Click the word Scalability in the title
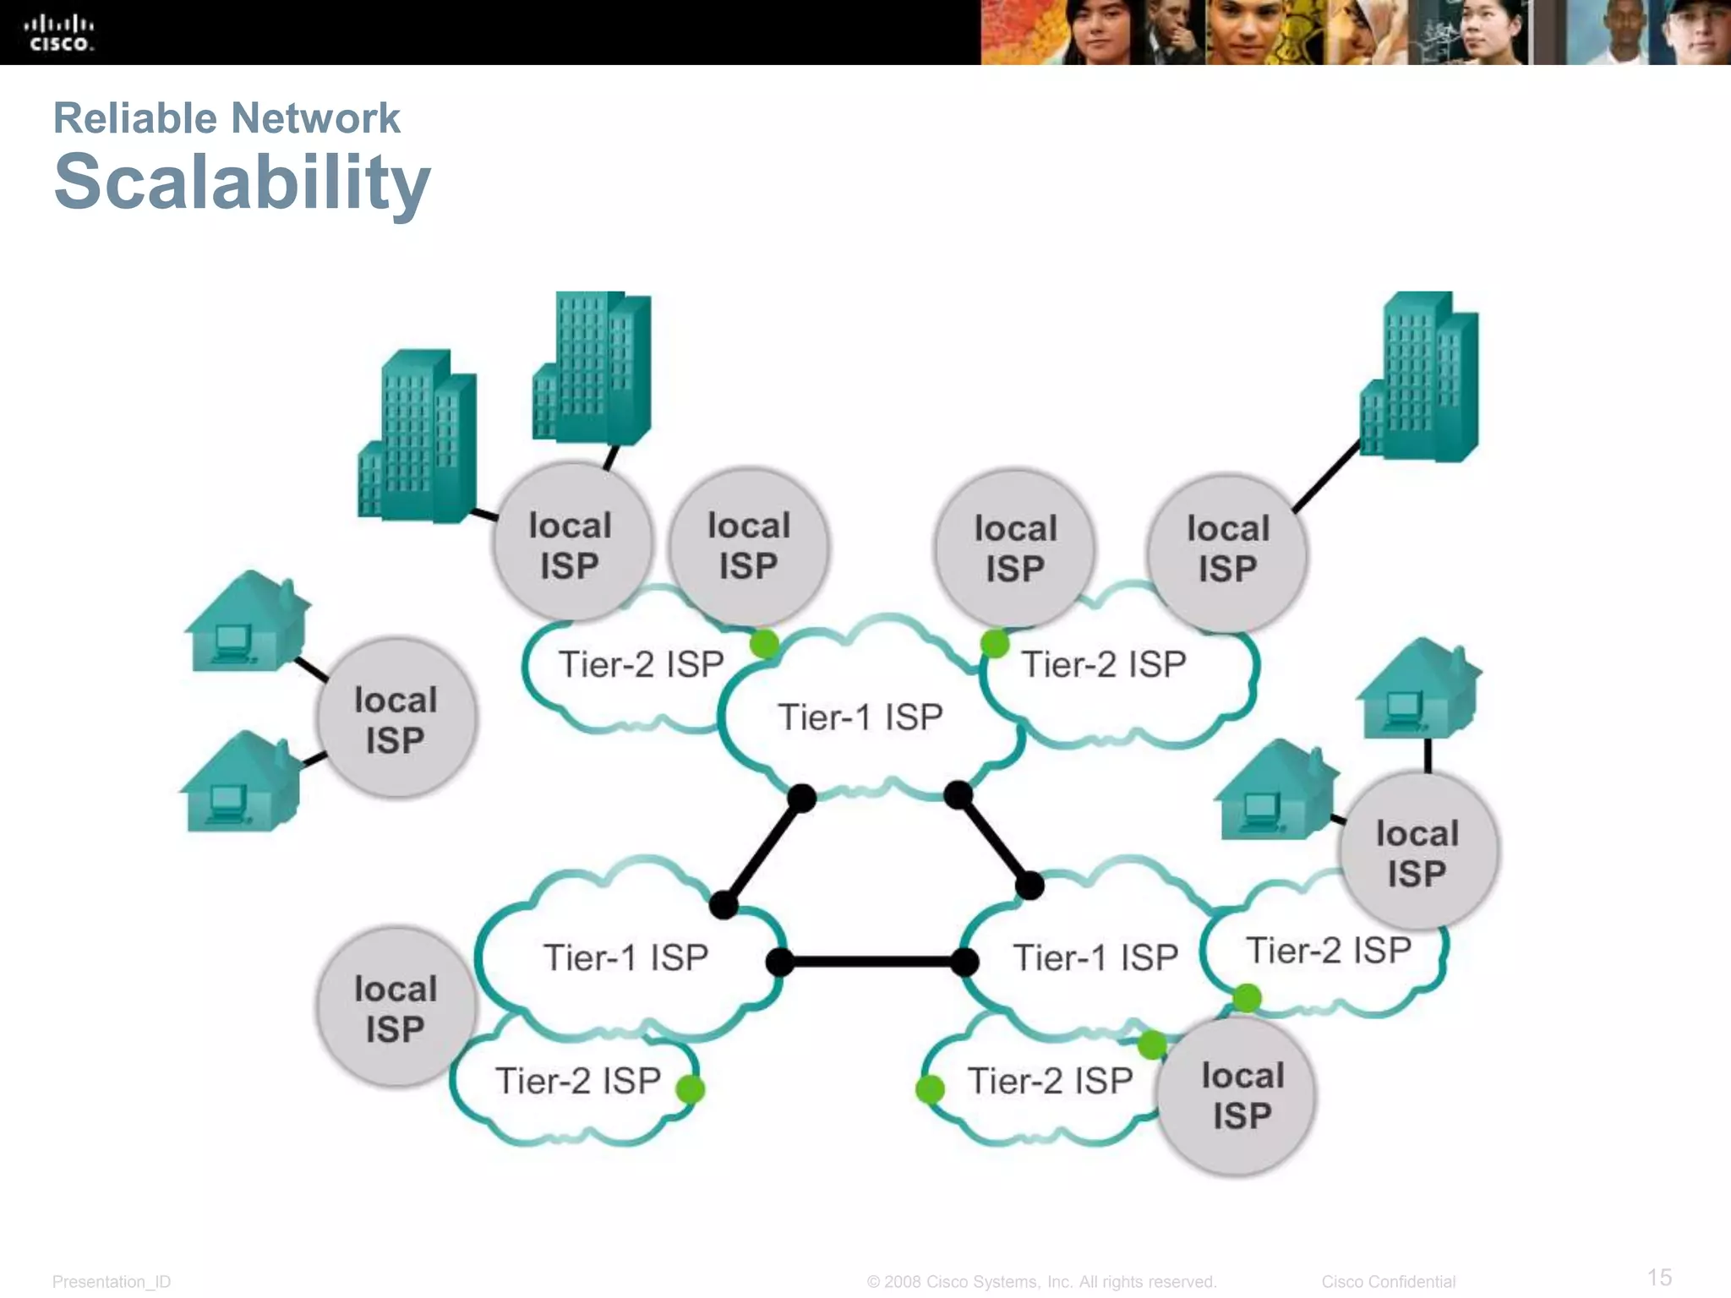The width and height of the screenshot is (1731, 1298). tap(243, 183)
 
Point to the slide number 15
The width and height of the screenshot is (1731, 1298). tap(1659, 1277)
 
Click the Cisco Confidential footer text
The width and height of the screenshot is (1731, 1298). tap(1388, 1282)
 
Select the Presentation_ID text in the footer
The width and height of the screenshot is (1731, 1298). tap(112, 1282)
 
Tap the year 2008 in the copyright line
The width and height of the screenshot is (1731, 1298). tap(903, 1282)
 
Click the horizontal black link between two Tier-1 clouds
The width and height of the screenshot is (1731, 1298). tap(871, 962)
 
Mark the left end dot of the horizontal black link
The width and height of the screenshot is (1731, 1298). tap(780, 962)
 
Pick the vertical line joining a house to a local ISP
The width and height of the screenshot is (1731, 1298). tap(1428, 755)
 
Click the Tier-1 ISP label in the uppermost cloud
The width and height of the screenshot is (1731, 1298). tap(860, 717)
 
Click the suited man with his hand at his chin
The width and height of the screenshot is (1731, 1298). tap(1171, 34)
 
